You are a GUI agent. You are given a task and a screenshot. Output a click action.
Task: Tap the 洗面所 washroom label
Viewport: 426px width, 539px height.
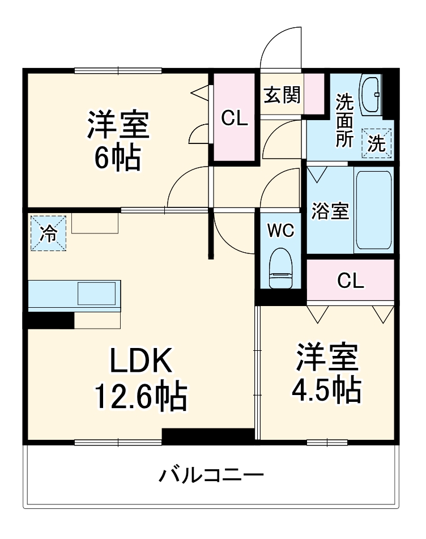[344, 121]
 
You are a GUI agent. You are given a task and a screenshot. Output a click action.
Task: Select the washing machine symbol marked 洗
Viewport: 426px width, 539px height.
[377, 143]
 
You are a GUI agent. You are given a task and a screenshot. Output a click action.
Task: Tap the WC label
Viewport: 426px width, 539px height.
[280, 231]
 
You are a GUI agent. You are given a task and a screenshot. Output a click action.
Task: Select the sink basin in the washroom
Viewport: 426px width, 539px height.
[371, 94]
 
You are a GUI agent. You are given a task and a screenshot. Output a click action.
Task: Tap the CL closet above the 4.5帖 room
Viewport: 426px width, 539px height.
[351, 280]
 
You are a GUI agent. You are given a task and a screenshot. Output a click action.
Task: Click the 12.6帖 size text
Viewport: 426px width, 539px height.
[140, 397]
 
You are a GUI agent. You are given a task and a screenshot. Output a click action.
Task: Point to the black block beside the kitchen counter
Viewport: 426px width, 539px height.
[50, 320]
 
